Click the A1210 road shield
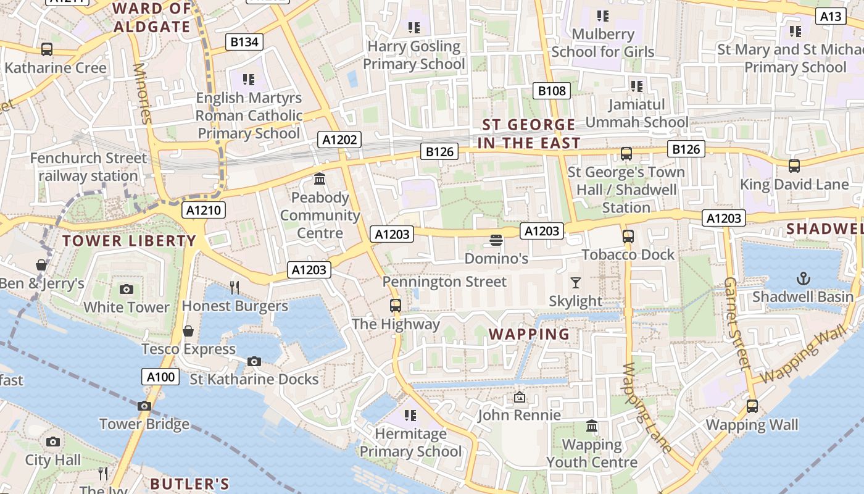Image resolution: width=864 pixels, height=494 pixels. [x=204, y=210]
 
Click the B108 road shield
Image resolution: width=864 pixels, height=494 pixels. [x=551, y=91]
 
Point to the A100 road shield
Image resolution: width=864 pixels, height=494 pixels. [x=160, y=377]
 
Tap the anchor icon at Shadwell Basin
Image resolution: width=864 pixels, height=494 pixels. [x=803, y=278]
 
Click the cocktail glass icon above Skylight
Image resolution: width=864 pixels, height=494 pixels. [x=575, y=283]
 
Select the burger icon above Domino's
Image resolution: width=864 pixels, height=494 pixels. [x=496, y=240]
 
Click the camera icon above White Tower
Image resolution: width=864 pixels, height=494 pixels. [x=127, y=289]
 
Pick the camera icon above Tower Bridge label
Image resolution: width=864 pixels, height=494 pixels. [x=144, y=406]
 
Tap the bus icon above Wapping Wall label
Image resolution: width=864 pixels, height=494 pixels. [x=752, y=406]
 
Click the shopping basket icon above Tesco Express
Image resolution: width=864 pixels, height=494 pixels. [x=188, y=331]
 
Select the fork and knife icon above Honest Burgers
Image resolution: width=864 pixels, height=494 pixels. [x=234, y=287]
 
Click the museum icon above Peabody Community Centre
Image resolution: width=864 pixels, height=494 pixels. [x=320, y=179]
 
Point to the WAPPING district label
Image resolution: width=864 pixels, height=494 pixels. [x=529, y=334]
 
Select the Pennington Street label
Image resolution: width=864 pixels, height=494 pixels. [x=444, y=282]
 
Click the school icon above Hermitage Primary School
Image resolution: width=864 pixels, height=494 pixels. [x=410, y=416]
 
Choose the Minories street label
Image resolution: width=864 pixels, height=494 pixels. [x=142, y=93]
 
